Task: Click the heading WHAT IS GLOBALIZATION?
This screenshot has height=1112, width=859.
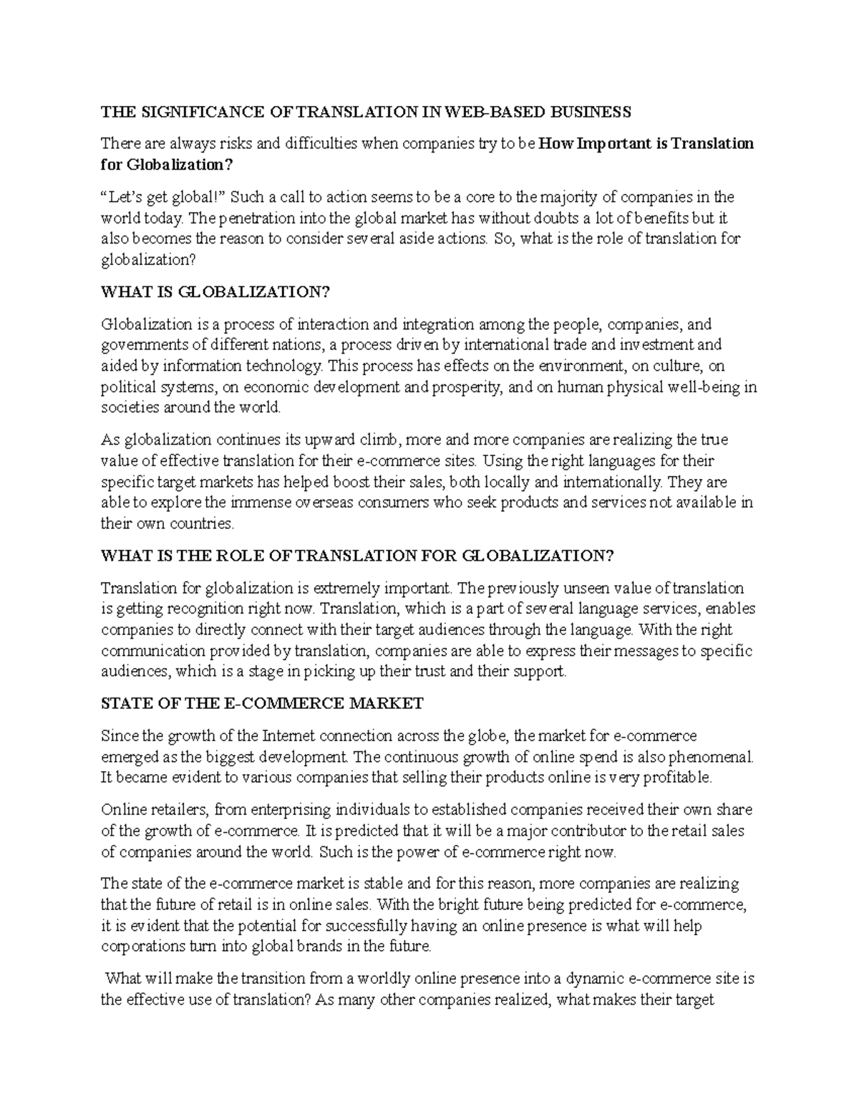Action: (x=218, y=292)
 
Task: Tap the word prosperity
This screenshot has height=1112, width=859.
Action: (x=468, y=387)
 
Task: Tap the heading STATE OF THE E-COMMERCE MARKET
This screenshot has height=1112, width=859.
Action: (x=262, y=704)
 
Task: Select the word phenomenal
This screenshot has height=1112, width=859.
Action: (x=711, y=757)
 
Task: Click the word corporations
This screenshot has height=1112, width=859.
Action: (x=142, y=947)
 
